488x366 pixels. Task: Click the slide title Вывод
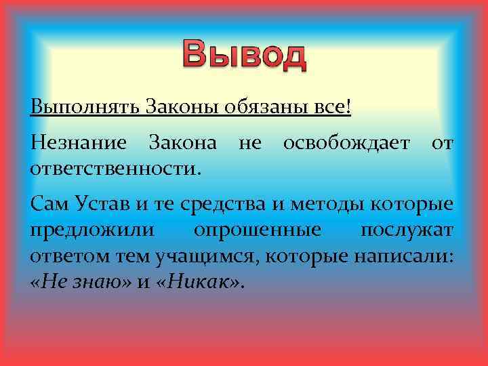click(x=243, y=56)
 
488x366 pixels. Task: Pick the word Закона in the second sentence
click(x=182, y=144)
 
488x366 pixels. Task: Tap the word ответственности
click(x=116, y=165)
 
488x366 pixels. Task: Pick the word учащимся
click(x=206, y=255)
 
